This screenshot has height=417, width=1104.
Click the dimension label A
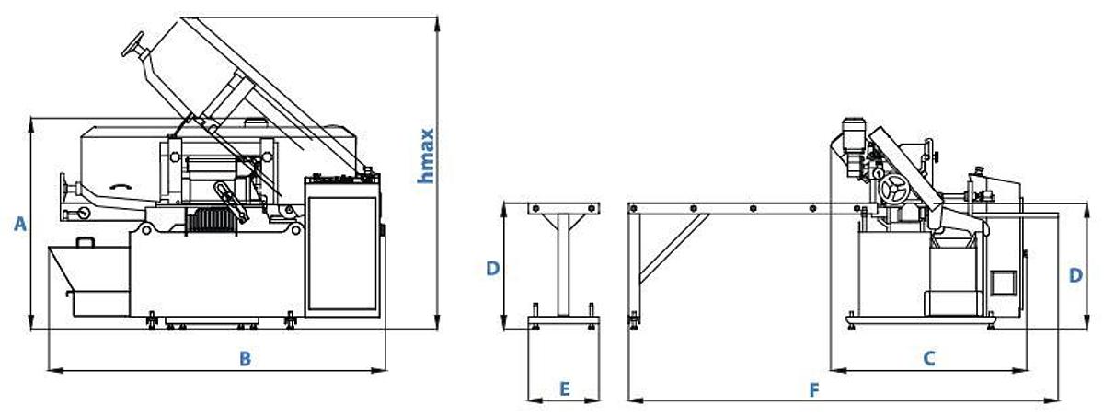[x=19, y=224]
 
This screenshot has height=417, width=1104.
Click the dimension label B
[x=245, y=358]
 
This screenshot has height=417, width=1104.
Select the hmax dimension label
[x=425, y=156]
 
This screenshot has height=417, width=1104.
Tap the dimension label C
[x=928, y=358]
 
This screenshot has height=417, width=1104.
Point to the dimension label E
[x=565, y=389]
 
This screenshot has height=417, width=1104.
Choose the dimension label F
[x=814, y=391]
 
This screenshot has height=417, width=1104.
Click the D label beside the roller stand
[x=493, y=268]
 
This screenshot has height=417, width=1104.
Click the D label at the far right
[x=1075, y=275]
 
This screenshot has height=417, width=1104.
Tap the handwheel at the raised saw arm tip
[x=134, y=45]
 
